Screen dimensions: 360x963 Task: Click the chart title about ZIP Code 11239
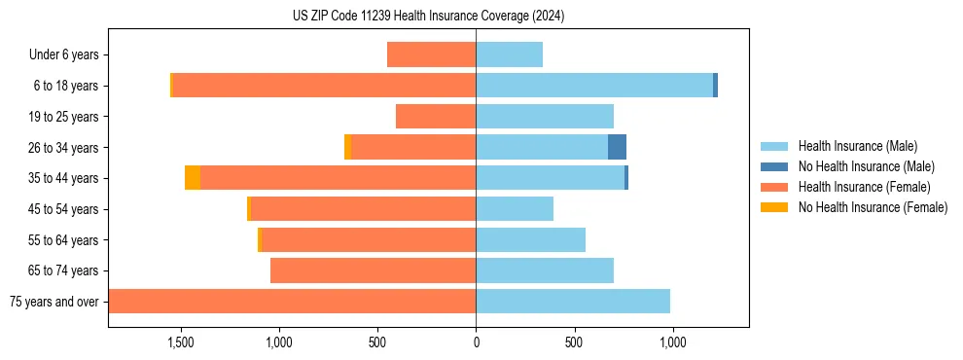(428, 17)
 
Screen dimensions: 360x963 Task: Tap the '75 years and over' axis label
(53, 302)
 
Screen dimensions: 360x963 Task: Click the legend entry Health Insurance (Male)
(856, 146)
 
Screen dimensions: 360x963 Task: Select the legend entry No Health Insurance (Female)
(873, 207)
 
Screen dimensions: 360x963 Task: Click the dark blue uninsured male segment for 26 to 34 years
(617, 147)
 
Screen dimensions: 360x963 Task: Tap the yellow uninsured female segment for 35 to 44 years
(193, 178)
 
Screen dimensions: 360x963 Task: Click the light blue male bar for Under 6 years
(509, 54)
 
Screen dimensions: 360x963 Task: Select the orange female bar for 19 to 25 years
(436, 117)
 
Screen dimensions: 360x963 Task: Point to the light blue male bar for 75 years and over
(573, 302)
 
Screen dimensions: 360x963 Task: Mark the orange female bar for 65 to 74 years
(373, 270)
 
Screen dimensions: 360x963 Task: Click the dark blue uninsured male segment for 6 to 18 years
(715, 86)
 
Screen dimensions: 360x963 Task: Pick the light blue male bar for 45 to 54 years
(515, 209)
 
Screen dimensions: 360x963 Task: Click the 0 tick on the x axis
(476, 342)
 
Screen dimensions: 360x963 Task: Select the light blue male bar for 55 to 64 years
(530, 239)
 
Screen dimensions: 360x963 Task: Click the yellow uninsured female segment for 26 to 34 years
(347, 147)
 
